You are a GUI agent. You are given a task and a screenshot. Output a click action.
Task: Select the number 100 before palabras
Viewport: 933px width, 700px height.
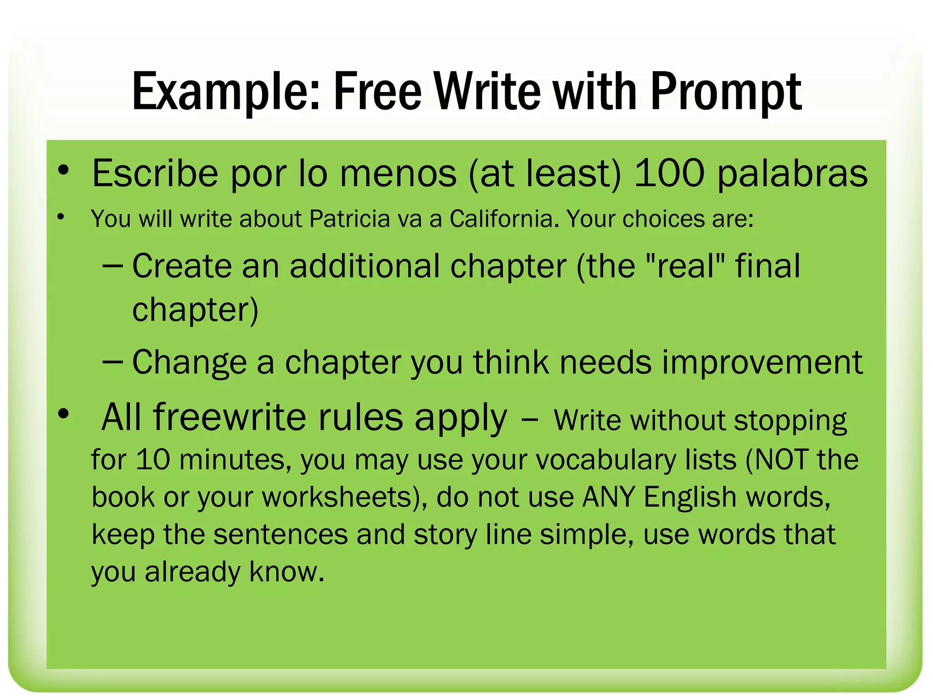tap(669, 173)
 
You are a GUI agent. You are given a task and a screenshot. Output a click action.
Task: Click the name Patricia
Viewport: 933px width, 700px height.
tap(349, 219)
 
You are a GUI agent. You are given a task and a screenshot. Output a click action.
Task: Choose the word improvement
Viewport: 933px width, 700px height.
tap(762, 362)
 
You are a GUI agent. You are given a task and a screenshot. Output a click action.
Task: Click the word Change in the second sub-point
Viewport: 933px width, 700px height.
tap(189, 362)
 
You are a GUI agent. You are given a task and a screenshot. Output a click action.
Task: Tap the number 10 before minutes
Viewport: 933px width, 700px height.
tap(153, 459)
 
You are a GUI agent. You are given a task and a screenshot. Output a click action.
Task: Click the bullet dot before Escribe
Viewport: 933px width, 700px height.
tap(63, 170)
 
